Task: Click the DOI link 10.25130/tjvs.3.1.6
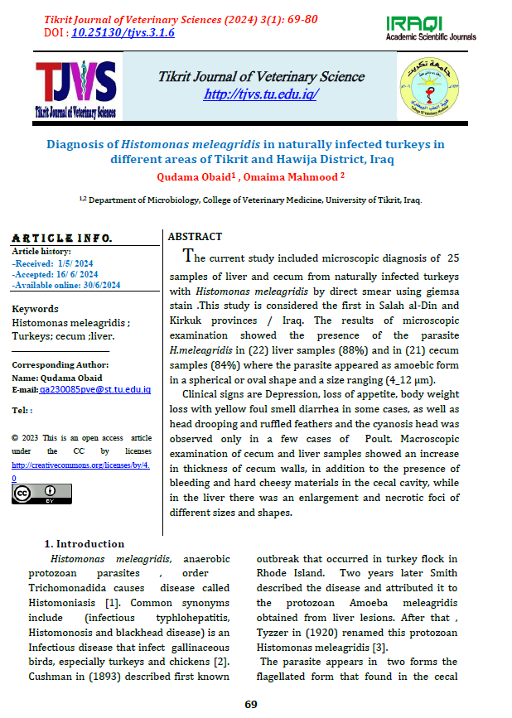[122, 32]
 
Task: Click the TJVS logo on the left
[75, 88]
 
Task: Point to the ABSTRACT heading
[196, 236]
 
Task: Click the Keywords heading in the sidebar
[35, 309]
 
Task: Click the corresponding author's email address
[94, 389]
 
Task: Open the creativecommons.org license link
[80, 471]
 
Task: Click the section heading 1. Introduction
[84, 543]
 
